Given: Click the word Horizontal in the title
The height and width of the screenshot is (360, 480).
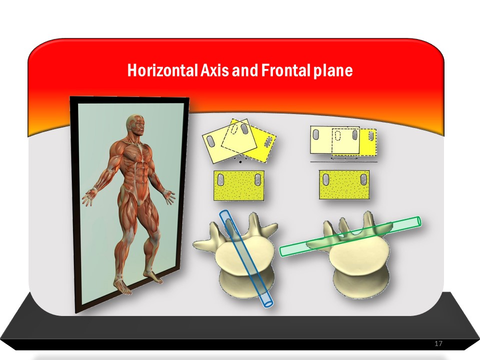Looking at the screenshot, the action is (x=162, y=70).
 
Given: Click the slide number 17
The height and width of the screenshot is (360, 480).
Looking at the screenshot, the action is (x=438, y=343).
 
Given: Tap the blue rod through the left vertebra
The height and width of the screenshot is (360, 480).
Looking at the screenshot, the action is (x=246, y=258).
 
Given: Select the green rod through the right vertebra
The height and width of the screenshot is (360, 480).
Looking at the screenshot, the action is (x=350, y=236).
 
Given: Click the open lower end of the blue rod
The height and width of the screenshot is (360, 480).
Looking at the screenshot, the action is (x=267, y=302).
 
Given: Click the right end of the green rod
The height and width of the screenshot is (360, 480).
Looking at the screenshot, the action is (x=418, y=221).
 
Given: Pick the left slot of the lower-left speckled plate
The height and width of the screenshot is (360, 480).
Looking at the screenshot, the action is (x=220, y=179).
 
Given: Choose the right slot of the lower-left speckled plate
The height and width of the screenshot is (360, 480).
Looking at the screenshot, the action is (x=258, y=179).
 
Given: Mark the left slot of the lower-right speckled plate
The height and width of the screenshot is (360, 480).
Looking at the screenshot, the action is (x=326, y=179).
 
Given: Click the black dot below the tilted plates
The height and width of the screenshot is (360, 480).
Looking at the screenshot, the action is (x=240, y=161).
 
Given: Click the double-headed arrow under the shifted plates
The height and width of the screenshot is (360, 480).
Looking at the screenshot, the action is (x=344, y=158).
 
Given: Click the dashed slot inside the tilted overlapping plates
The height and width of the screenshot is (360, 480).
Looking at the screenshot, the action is (x=234, y=129).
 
